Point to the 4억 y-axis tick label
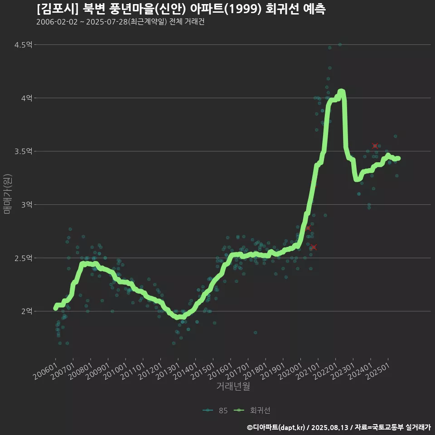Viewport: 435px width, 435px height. pyautogui.click(x=27, y=98)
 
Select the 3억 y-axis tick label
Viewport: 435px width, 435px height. pyautogui.click(x=27, y=205)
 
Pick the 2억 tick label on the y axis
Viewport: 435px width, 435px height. pyautogui.click(x=27, y=311)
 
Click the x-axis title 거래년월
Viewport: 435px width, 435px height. pyautogui.click(x=233, y=386)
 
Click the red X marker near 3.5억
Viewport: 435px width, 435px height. pyautogui.click(x=375, y=146)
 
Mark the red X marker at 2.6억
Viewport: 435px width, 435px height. pyautogui.click(x=314, y=247)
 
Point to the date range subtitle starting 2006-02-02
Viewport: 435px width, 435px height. pyautogui.click(x=120, y=22)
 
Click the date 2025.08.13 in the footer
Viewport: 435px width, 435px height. pyautogui.click(x=329, y=427)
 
